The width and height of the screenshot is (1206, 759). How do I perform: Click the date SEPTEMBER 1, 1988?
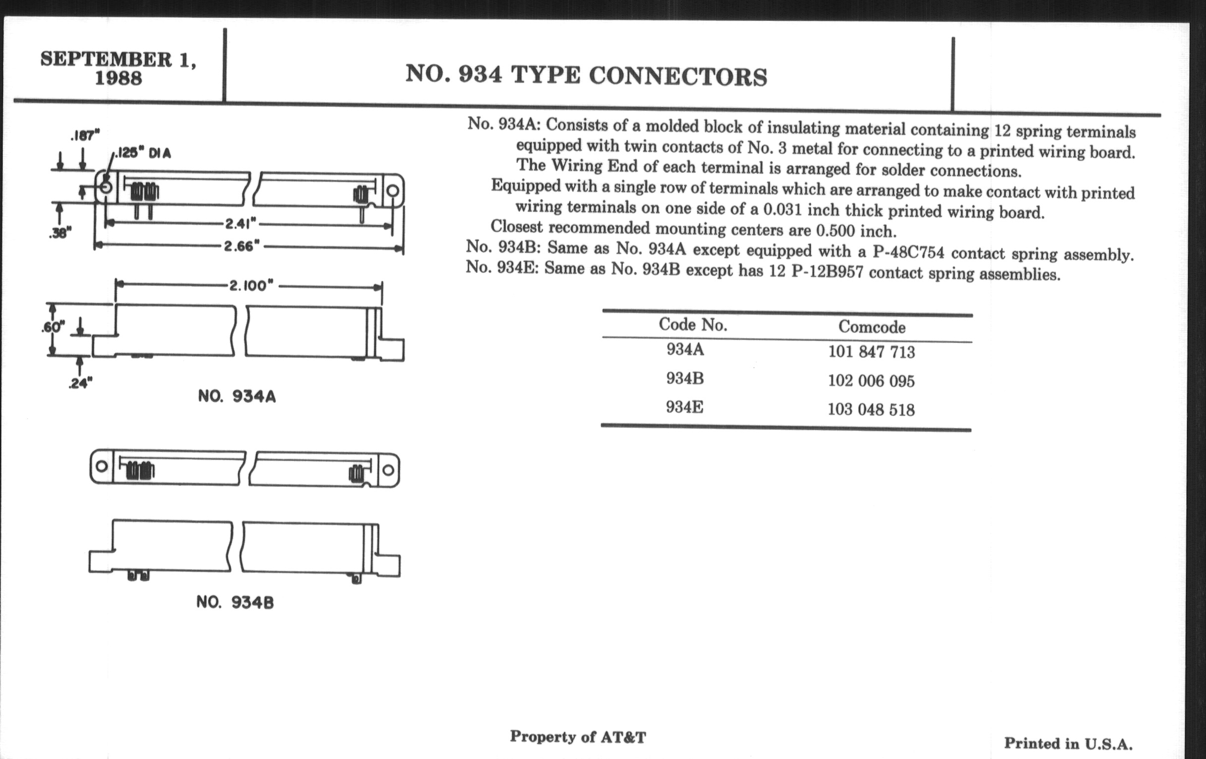pos(118,68)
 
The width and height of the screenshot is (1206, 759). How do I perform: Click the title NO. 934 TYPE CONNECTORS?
pos(586,75)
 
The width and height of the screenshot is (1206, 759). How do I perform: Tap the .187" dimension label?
pos(85,135)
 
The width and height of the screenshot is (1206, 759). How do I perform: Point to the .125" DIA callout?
pos(143,153)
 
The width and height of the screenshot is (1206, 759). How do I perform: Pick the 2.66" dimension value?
pos(242,246)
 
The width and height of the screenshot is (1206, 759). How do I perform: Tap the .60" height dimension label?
pos(53,327)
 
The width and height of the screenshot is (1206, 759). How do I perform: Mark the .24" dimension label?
pos(80,384)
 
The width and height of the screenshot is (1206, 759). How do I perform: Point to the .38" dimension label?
pos(60,233)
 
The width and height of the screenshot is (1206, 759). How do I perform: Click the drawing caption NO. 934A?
pos(237,397)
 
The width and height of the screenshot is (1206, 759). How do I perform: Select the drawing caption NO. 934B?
pos(235,602)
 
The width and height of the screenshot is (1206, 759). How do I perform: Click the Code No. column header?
pos(693,324)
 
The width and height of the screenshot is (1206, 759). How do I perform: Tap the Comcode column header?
pos(871,327)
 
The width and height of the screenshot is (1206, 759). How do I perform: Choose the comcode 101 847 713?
pos(871,352)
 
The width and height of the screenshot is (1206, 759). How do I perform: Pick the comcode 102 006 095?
pos(871,381)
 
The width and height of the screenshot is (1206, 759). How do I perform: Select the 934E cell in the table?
pos(684,407)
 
